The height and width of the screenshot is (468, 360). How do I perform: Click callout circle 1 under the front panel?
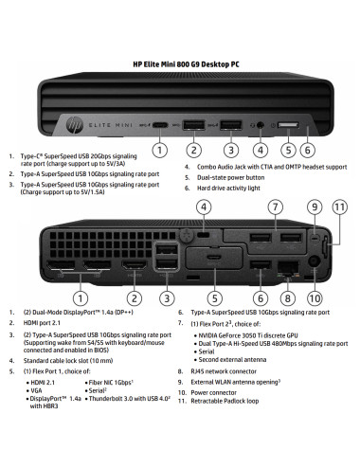[161, 149]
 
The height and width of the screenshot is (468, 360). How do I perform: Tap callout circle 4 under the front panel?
[261, 149]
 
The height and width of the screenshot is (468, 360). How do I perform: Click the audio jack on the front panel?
[258, 124]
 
